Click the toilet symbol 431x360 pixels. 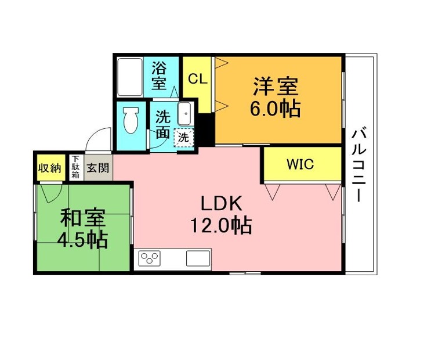click(x=131, y=120)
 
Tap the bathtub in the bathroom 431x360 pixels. click(x=130, y=77)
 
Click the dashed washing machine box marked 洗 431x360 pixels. click(x=184, y=138)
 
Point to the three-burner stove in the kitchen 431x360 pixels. click(x=149, y=258)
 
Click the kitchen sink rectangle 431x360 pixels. click(x=198, y=258)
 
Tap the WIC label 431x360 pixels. click(x=300, y=164)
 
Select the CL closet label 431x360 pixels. click(x=197, y=79)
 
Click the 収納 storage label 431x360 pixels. click(x=49, y=168)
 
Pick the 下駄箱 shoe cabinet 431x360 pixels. click(x=75, y=167)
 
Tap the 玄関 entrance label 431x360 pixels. click(x=98, y=168)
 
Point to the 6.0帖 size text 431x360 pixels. click(x=275, y=109)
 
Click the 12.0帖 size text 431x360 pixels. click(x=221, y=226)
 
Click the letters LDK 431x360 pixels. click(x=222, y=203)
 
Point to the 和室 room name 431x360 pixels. click(x=83, y=218)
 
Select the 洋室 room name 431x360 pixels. click(x=276, y=87)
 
